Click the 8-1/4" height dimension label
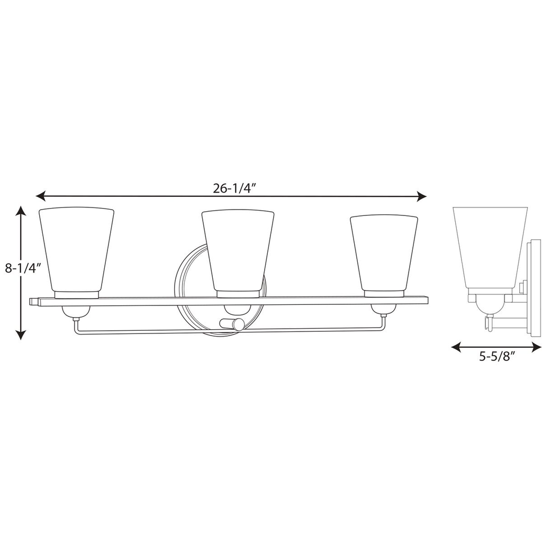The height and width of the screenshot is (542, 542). coord(23,268)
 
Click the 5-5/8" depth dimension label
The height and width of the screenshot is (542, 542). coord(497,356)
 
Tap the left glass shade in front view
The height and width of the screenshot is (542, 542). coord(77,249)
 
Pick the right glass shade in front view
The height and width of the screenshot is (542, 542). coord(384,252)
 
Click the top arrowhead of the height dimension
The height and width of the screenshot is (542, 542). coord(20,211)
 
